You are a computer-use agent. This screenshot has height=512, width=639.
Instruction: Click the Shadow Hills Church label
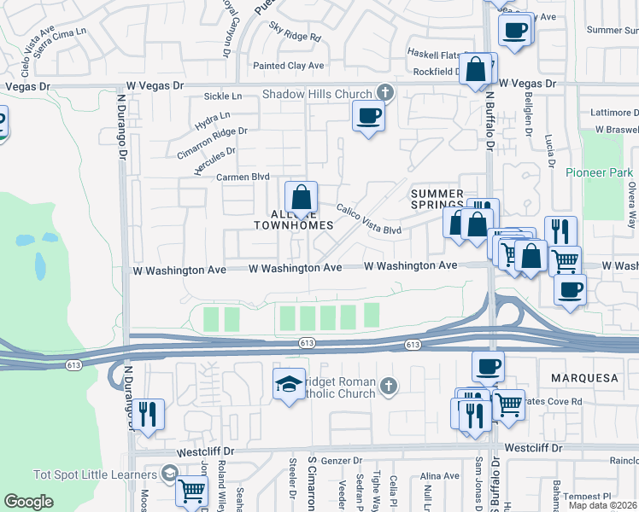(x=317, y=94)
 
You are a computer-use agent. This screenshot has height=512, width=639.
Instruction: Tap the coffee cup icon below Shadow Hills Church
(x=368, y=116)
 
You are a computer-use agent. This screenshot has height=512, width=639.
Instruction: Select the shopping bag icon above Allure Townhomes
(x=301, y=198)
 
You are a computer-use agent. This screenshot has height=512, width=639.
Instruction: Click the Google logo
(x=28, y=502)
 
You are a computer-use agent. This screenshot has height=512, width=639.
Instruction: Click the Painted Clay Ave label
(x=289, y=66)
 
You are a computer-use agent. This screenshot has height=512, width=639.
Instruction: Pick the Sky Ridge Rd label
(x=295, y=38)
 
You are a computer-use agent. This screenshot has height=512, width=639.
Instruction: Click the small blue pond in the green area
(x=41, y=265)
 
